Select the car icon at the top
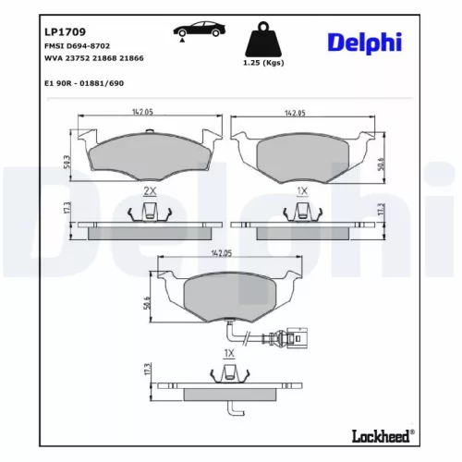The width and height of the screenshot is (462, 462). (196, 31)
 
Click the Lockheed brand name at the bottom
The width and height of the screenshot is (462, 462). (379, 435)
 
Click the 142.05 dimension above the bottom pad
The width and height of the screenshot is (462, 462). (221, 251)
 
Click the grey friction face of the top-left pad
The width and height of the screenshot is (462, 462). (147, 153)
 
